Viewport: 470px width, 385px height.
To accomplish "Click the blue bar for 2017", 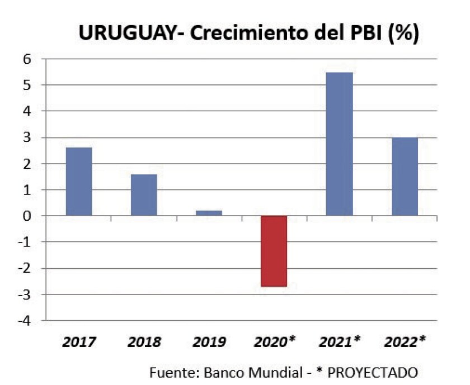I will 79,182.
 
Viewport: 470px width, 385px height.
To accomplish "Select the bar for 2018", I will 144,195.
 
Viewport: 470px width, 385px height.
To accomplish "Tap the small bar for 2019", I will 209,213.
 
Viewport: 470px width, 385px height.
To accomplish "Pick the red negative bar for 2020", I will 274,251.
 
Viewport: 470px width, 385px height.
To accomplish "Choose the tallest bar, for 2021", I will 339,144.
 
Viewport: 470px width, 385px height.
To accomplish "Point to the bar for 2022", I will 404,177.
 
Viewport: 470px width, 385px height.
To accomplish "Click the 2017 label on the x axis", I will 79,342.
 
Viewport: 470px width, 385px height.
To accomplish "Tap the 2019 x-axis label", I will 209,342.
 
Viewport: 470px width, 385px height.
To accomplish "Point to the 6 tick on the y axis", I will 26,59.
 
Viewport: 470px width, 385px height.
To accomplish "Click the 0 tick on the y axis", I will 26,216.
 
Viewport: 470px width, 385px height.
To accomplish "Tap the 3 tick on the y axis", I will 26,137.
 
